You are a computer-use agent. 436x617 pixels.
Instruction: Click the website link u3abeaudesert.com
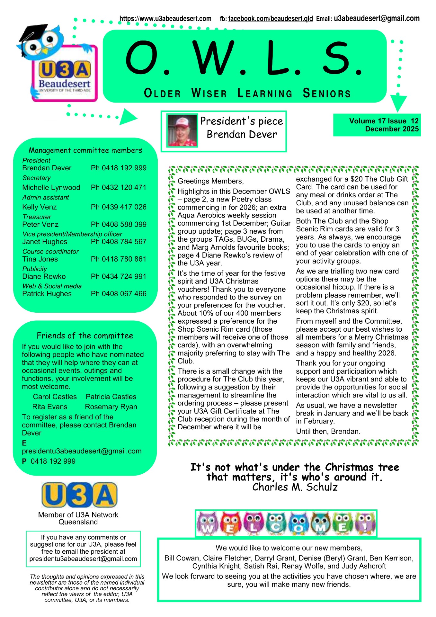point(165,19)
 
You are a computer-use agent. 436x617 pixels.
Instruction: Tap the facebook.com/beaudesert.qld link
point(270,19)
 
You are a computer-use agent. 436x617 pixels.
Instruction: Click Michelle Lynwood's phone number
point(119,187)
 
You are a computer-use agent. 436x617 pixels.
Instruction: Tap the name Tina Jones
point(40,259)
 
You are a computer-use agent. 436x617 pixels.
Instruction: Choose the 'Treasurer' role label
point(37,217)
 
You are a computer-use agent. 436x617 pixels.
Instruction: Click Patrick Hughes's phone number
point(119,294)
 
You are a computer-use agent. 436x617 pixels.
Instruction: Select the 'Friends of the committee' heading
point(85,335)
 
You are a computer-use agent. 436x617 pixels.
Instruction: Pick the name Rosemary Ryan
point(111,407)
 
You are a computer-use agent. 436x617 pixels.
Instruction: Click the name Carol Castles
point(55,397)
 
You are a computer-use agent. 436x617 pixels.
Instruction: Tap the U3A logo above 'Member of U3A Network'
point(79,495)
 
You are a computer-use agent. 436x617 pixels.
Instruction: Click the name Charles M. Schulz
point(295,487)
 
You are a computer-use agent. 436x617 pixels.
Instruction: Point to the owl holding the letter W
point(207,523)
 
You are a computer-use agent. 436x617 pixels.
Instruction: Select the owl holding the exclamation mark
point(365,523)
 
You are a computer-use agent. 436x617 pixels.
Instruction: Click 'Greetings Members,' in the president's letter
point(210,181)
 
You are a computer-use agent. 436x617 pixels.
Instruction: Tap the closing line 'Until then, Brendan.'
point(328,431)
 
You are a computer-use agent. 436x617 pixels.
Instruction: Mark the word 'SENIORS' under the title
point(327,94)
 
